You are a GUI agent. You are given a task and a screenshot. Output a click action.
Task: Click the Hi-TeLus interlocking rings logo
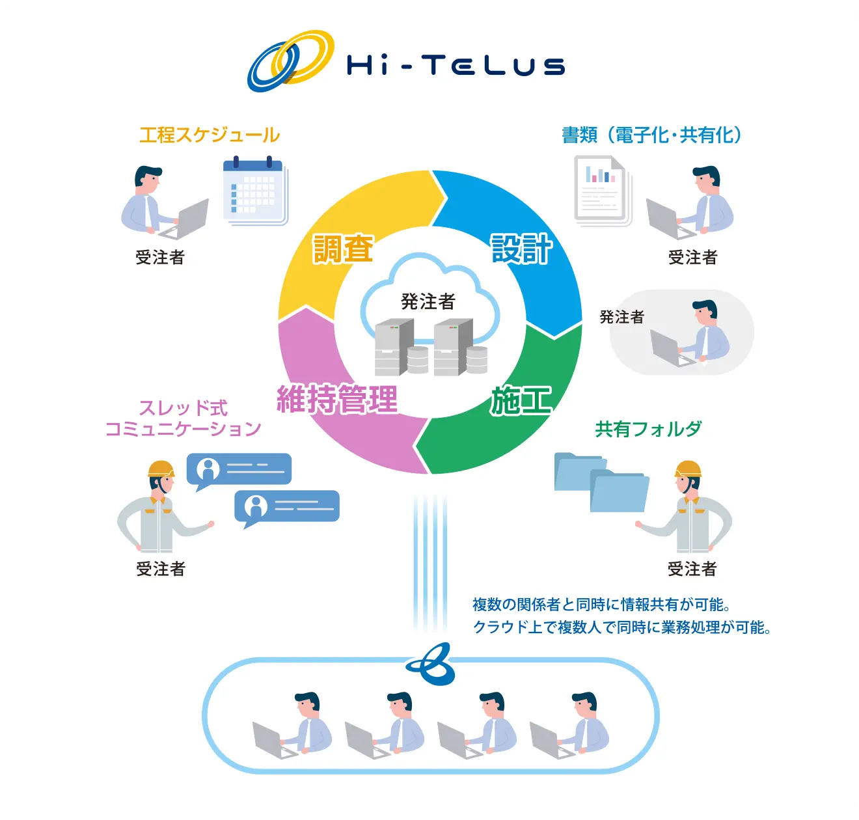pyautogui.click(x=290, y=61)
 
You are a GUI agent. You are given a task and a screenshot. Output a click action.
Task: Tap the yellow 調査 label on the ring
pyautogui.click(x=344, y=249)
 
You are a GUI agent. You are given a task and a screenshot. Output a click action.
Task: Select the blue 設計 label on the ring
pyautogui.click(x=522, y=249)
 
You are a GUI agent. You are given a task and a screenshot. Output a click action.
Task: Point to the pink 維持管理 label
pyautogui.click(x=337, y=399)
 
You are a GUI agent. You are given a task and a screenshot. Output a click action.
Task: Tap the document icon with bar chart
pyautogui.click(x=603, y=191)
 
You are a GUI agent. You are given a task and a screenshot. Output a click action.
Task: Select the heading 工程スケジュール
pyautogui.click(x=210, y=135)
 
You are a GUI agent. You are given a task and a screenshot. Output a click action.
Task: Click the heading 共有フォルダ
pyautogui.click(x=648, y=429)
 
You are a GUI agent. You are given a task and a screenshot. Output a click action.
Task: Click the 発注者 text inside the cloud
pyautogui.click(x=428, y=301)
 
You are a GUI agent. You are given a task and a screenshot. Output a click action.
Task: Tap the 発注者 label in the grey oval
pyautogui.click(x=621, y=317)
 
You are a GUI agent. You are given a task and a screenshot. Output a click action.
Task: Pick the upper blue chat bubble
pyautogui.click(x=239, y=471)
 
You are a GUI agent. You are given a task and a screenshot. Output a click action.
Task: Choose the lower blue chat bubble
pyautogui.click(x=286, y=508)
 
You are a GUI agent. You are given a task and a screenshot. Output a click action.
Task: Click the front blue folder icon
pyautogui.click(x=619, y=491)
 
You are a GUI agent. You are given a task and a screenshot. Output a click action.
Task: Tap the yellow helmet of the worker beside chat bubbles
pyautogui.click(x=161, y=469)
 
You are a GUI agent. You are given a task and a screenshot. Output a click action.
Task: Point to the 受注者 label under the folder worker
pyautogui.click(x=692, y=569)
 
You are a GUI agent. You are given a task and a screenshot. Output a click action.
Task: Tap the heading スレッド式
pyautogui.click(x=184, y=408)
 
